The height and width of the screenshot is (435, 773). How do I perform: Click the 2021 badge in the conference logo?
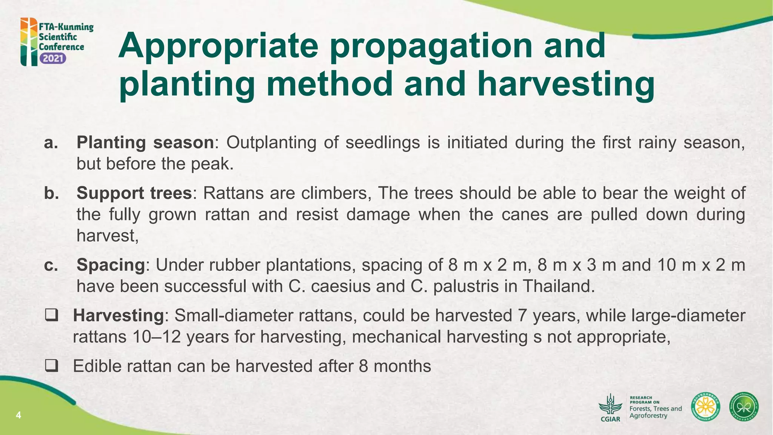tap(53, 59)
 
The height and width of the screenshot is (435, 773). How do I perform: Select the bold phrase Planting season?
tap(145, 143)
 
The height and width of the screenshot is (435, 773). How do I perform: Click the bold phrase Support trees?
tap(134, 193)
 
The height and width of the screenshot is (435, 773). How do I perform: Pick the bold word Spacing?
tap(111, 265)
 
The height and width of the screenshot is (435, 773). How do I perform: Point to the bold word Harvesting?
tap(118, 315)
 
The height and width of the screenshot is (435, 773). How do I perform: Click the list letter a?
tap(51, 143)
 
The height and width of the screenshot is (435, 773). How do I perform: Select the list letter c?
tap(51, 265)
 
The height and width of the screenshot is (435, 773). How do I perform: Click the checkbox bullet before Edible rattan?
tap(51, 366)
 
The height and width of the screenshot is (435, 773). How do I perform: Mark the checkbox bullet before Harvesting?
tap(51, 315)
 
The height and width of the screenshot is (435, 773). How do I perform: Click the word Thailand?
tap(558, 286)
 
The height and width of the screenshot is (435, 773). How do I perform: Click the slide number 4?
tap(18, 416)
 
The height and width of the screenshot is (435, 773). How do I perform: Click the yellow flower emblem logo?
tap(705, 407)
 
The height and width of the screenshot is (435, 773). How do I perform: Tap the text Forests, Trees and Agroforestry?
tap(655, 412)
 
